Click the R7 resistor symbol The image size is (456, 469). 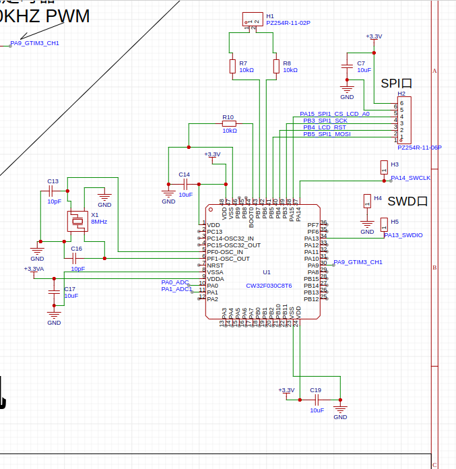232,66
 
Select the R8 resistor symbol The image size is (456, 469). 275,66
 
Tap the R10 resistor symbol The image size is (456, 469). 229,123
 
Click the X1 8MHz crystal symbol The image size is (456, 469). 77,221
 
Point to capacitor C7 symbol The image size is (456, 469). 347,66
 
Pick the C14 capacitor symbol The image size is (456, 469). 184,183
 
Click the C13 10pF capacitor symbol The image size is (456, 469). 53,192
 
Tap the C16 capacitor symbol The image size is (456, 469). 76,257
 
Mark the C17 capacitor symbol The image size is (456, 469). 54,292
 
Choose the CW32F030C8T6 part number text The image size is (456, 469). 269,286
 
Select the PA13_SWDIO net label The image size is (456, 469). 403,235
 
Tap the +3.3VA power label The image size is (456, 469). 34,269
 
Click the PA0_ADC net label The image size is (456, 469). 175,282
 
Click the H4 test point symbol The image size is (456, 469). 366,201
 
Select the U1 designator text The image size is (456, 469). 267,272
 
